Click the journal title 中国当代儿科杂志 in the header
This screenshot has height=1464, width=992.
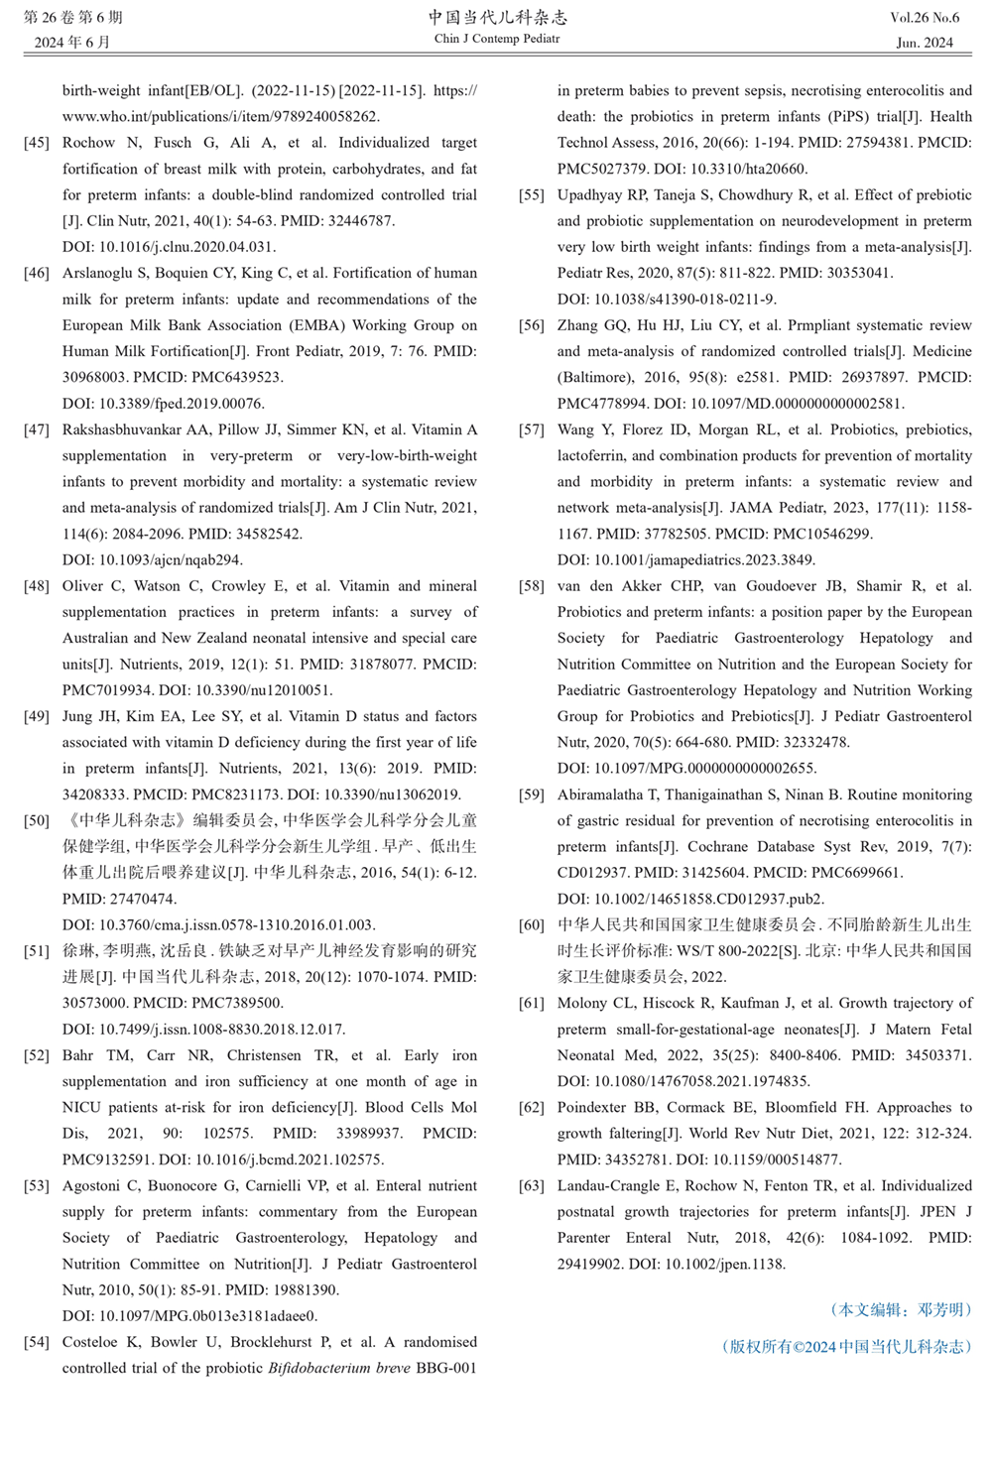coord(498,18)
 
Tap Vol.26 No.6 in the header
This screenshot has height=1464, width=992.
coord(925,18)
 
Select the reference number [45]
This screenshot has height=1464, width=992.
coord(37,143)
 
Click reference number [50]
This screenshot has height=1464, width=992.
coord(37,820)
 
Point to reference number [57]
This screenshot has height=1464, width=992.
coord(532,429)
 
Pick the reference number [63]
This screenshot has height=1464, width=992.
coord(532,1185)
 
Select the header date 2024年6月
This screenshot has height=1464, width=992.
coord(72,43)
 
